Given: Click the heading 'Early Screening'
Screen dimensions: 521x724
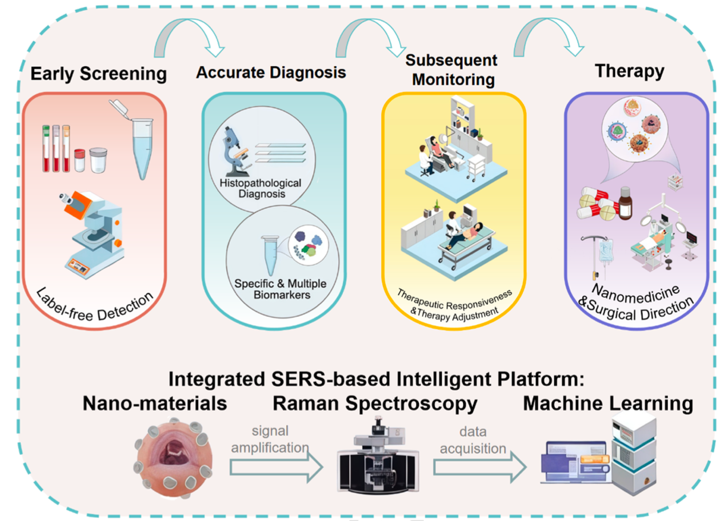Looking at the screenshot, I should (98, 74).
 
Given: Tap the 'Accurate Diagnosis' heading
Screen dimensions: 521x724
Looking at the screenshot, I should (271, 73).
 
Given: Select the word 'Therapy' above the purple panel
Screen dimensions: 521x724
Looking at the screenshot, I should (629, 71).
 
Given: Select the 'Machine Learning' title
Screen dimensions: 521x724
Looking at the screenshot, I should (608, 404).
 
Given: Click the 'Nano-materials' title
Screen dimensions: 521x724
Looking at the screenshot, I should (155, 404).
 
